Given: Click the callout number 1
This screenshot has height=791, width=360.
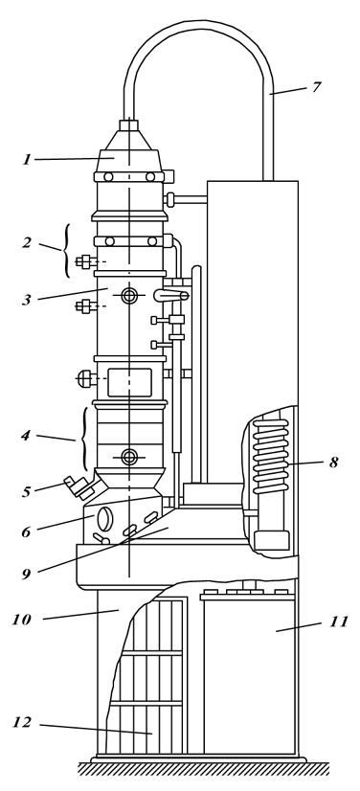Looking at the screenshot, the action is coord(27,160).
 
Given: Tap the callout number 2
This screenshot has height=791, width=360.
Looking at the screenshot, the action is coord(27,242).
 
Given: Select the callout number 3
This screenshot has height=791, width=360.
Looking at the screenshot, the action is coord(27,300).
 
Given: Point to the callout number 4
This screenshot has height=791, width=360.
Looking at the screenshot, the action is coord(26,436).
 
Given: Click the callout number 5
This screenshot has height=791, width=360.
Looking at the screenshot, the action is coord(26,492).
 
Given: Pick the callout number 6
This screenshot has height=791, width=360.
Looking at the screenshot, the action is coord(26,531).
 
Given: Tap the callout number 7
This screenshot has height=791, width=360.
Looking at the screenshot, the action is coord(316,87).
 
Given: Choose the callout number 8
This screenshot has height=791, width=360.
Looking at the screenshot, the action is coord(334,463).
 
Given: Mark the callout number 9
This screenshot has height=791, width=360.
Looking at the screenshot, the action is coord(26,574).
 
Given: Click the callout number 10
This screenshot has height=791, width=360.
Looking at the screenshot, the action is coord(22,620).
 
